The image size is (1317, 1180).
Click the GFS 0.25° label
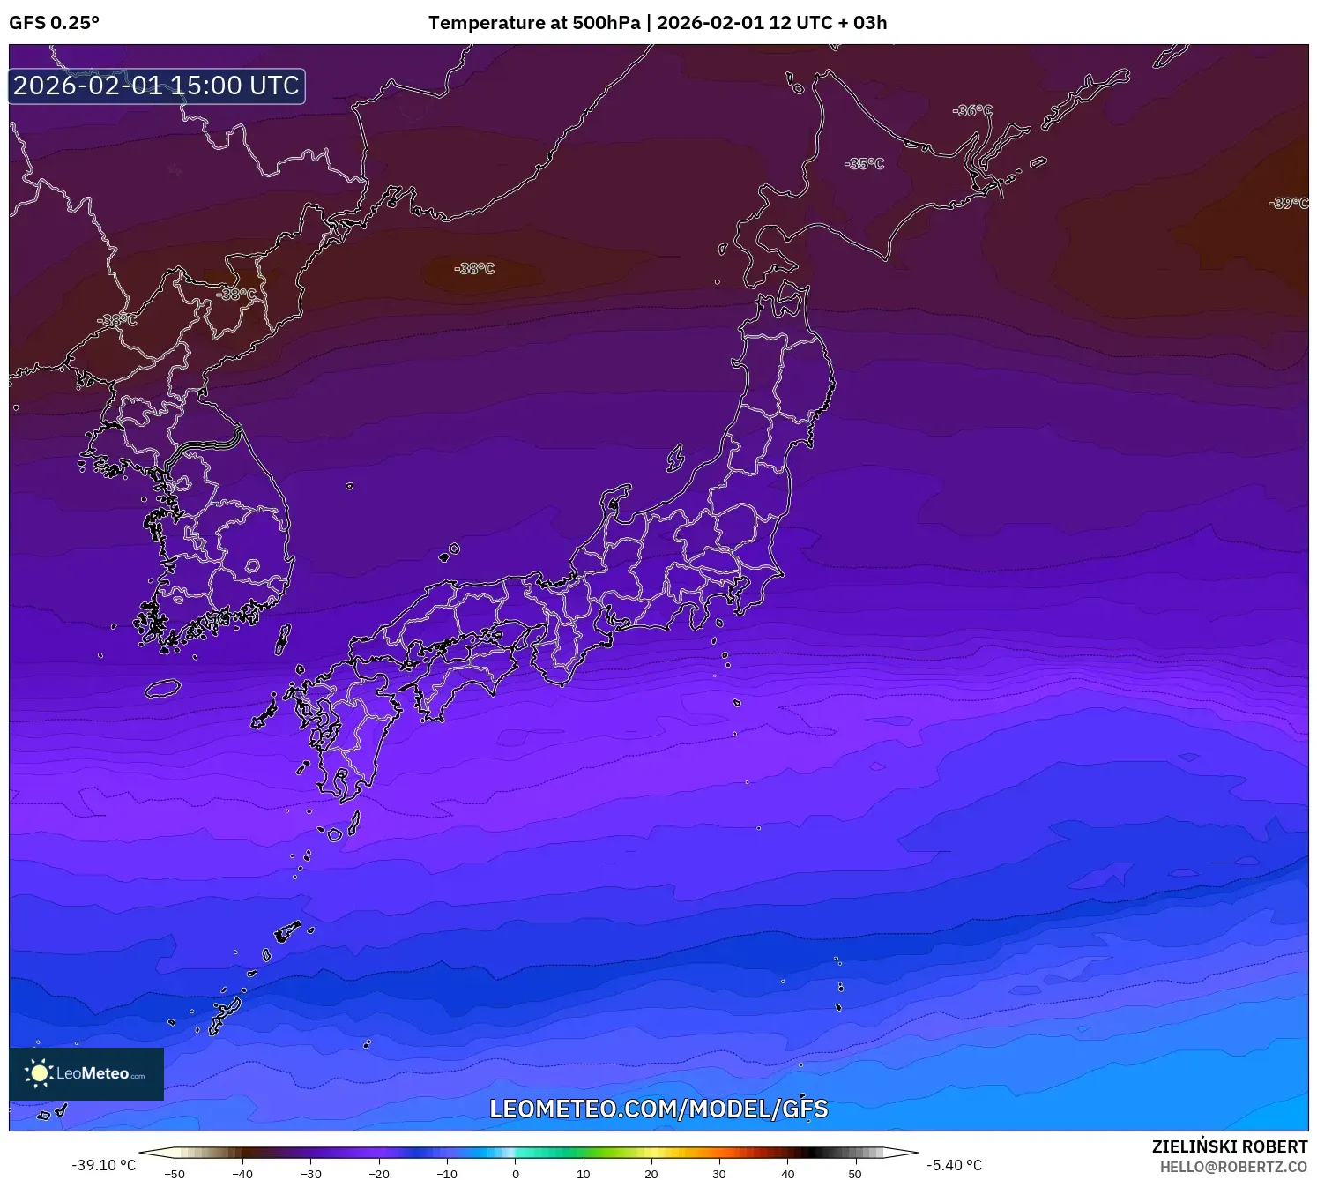pos(54,23)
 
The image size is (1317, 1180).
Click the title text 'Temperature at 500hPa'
pos(534,23)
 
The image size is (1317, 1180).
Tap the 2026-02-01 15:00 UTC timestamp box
pos(157,86)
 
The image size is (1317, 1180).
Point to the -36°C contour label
pos(971,110)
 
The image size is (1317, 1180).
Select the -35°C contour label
pos(864,163)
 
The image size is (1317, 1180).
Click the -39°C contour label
pos(1288,203)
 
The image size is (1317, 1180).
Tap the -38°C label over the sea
pos(474,268)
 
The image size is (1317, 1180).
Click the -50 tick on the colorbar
pos(175,1173)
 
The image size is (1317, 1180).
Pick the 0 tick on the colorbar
pos(516,1173)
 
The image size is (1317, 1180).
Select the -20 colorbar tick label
pos(379,1173)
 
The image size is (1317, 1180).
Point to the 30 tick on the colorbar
pos(719,1173)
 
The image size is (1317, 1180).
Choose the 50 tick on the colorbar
pos(855,1173)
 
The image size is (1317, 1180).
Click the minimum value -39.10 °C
pos(104,1165)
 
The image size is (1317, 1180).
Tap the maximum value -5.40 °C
pos(954,1165)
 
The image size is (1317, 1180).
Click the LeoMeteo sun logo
pos(39,1072)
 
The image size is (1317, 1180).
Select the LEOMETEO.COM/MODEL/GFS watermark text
pos(658,1109)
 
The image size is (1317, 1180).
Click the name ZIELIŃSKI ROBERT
pos(1230,1146)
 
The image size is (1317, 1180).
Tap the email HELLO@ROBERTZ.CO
pos(1233,1167)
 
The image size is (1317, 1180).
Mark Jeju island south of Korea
pos(163,689)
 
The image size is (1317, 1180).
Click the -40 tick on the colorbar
pos(242,1173)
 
